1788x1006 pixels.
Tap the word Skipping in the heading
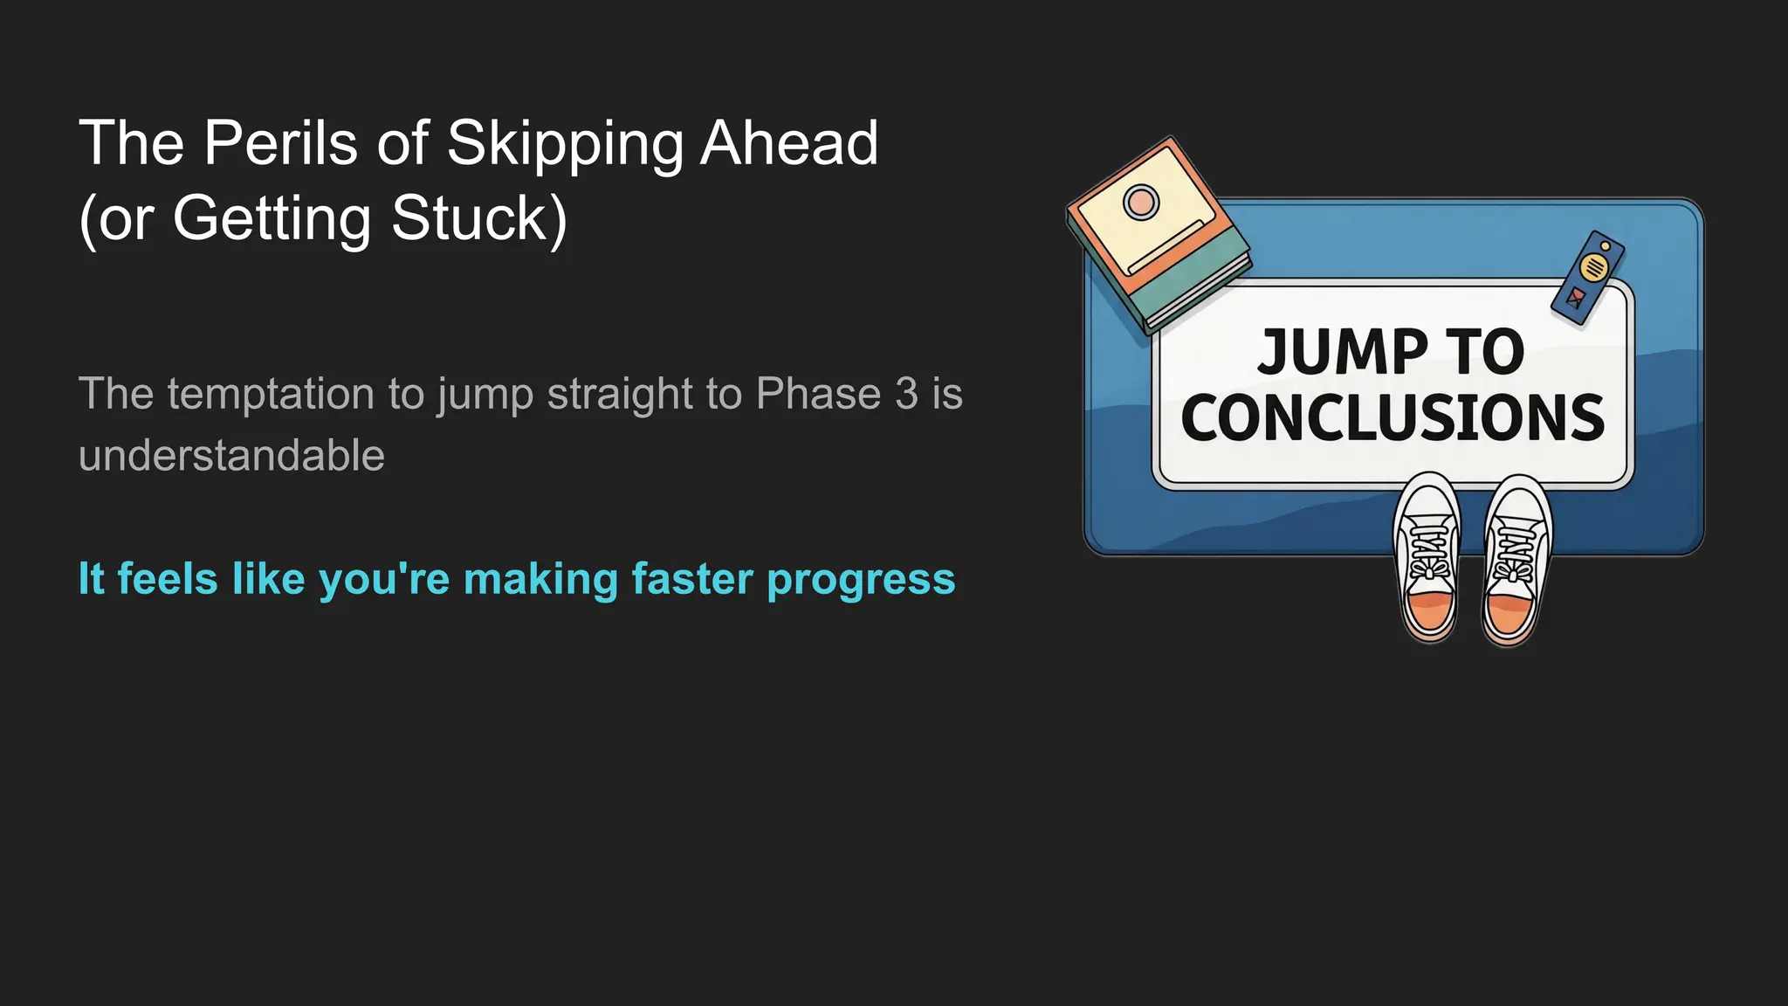pyautogui.click(x=565, y=144)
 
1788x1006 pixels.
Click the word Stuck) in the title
pyautogui.click(x=479, y=218)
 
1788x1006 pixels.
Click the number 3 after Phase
pyautogui.click(x=906, y=394)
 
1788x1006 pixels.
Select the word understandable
pyautogui.click(x=231, y=456)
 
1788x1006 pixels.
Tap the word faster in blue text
pyautogui.click(x=691, y=579)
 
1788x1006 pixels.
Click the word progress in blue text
pyautogui.click(x=861, y=581)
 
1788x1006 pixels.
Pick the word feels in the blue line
pyautogui.click(x=167, y=579)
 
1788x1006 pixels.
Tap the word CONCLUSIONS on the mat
pyautogui.click(x=1393, y=417)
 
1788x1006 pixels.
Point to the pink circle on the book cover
pyautogui.click(x=1140, y=203)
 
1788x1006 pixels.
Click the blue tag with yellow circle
pyautogui.click(x=1589, y=278)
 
